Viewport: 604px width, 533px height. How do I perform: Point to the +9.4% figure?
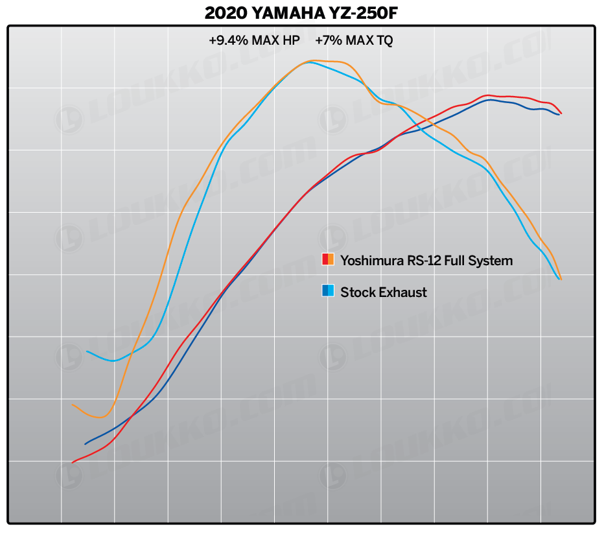228,40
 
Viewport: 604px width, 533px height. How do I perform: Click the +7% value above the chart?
328,40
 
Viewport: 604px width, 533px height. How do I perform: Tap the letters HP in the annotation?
291,40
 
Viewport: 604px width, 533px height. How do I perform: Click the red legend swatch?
325,260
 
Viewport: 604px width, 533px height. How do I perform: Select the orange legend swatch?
331,260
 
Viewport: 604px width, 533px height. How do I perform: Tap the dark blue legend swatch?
325,291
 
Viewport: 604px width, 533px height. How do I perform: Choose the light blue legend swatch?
331,291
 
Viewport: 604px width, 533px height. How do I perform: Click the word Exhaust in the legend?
402,292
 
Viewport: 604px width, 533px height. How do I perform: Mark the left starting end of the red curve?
73,462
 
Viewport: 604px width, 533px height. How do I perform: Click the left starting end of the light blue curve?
87,351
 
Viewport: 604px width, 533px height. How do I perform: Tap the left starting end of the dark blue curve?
85,444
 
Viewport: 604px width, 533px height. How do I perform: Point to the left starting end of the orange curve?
73,405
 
